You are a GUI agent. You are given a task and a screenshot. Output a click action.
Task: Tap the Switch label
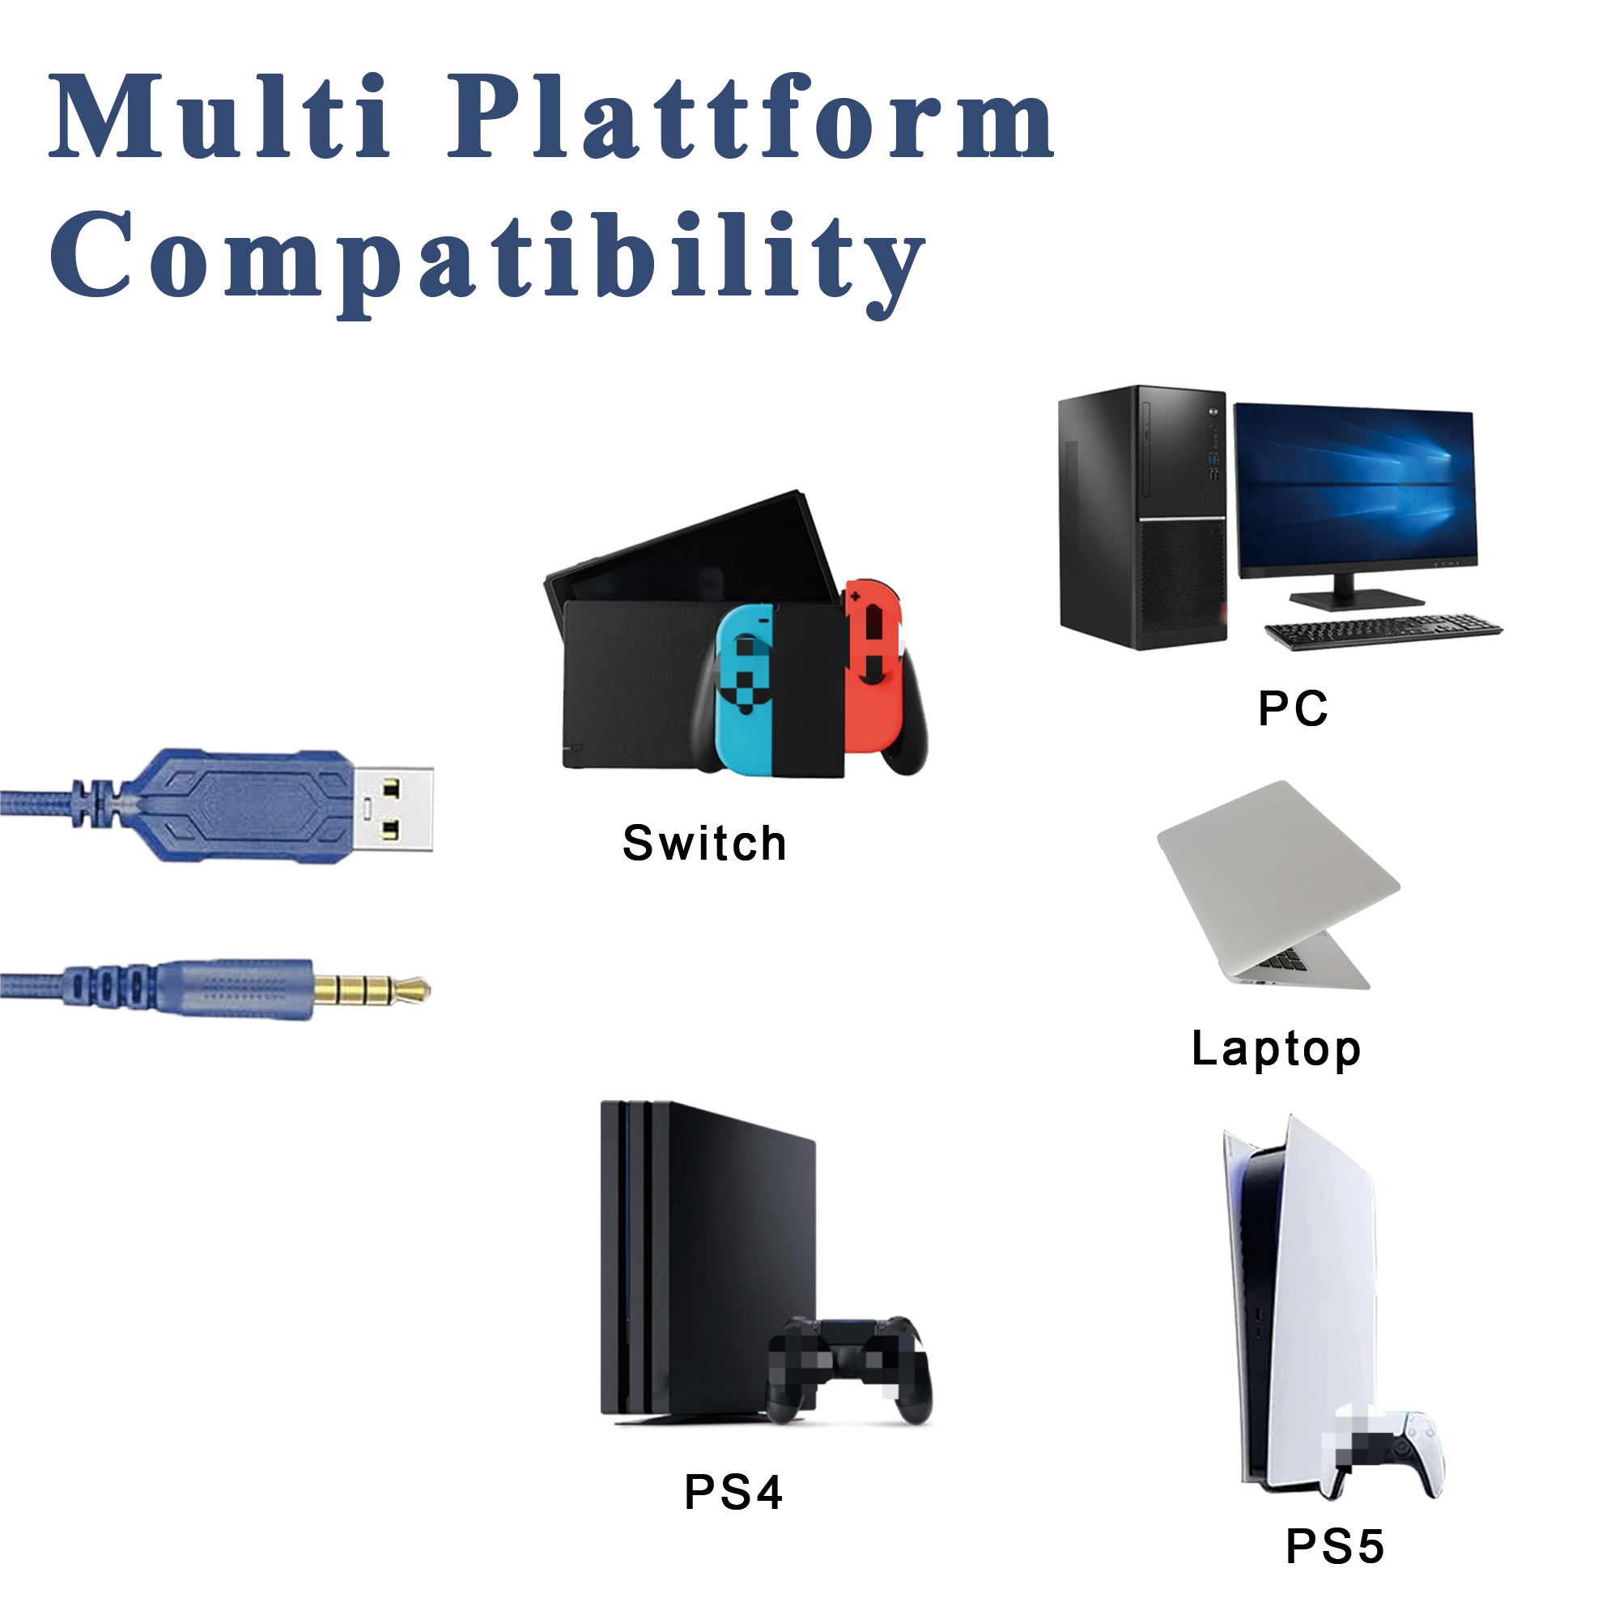pos(704,843)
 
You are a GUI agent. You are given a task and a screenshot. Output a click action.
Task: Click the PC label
pos(1292,708)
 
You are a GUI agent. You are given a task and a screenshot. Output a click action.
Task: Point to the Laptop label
pos(1276,1050)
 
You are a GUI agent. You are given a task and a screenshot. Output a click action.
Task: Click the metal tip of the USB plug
pos(392,809)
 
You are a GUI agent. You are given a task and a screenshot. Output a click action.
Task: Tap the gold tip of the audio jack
pos(372,990)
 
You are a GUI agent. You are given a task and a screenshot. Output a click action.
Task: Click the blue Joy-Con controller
pos(744,688)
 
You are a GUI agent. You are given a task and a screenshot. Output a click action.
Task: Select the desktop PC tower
pos(1142,518)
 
